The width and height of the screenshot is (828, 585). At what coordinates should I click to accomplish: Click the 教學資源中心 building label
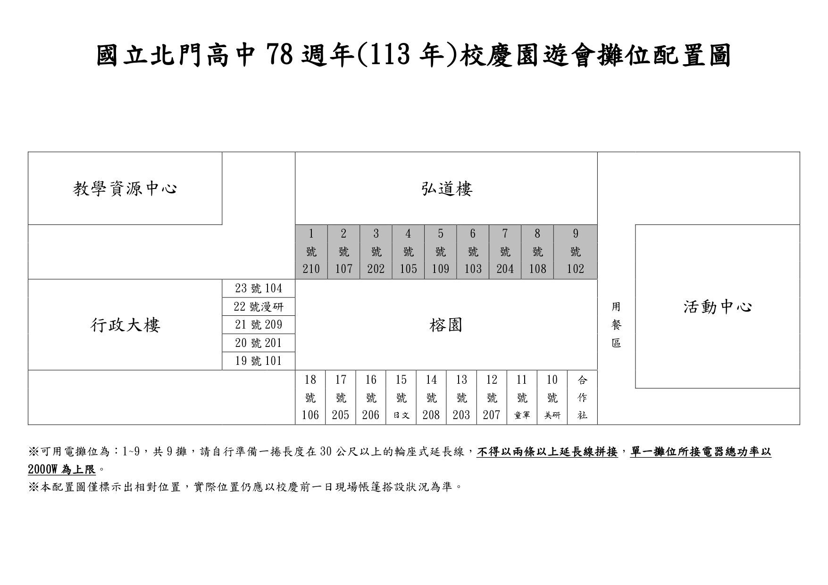click(x=125, y=189)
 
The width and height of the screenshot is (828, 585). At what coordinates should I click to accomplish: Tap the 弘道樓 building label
click(x=446, y=189)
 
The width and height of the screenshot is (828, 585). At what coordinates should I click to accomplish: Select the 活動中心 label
click(x=718, y=307)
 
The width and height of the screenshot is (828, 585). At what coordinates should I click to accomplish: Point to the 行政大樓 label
click(x=125, y=325)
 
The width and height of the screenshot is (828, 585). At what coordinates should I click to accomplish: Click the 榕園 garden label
click(x=446, y=325)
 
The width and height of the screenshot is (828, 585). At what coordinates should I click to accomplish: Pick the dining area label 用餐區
click(x=616, y=325)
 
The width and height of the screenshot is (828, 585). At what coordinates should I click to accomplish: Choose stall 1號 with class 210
click(x=311, y=252)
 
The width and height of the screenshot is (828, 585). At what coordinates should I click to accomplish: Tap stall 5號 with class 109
click(x=440, y=252)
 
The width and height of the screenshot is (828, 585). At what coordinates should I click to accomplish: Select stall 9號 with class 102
click(x=575, y=252)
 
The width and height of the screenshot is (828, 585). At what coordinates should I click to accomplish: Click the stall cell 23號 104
click(x=259, y=288)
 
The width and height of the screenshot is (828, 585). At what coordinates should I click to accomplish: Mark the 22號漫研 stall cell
click(x=259, y=307)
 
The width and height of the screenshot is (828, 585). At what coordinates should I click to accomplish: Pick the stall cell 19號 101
click(x=259, y=361)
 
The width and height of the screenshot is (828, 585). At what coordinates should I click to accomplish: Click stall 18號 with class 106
click(x=310, y=397)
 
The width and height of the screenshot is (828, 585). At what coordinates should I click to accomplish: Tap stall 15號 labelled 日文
click(x=401, y=397)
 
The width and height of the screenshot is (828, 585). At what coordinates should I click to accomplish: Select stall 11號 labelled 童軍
click(x=522, y=397)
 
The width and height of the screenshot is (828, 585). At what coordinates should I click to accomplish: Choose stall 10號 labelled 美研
click(x=552, y=397)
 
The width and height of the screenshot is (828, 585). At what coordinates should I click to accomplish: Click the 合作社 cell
click(x=582, y=397)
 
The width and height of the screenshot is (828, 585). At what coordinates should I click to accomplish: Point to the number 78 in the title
click(x=282, y=55)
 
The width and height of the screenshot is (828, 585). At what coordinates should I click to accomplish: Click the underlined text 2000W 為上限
click(x=62, y=470)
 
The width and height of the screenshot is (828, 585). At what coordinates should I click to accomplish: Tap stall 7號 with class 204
click(x=505, y=252)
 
